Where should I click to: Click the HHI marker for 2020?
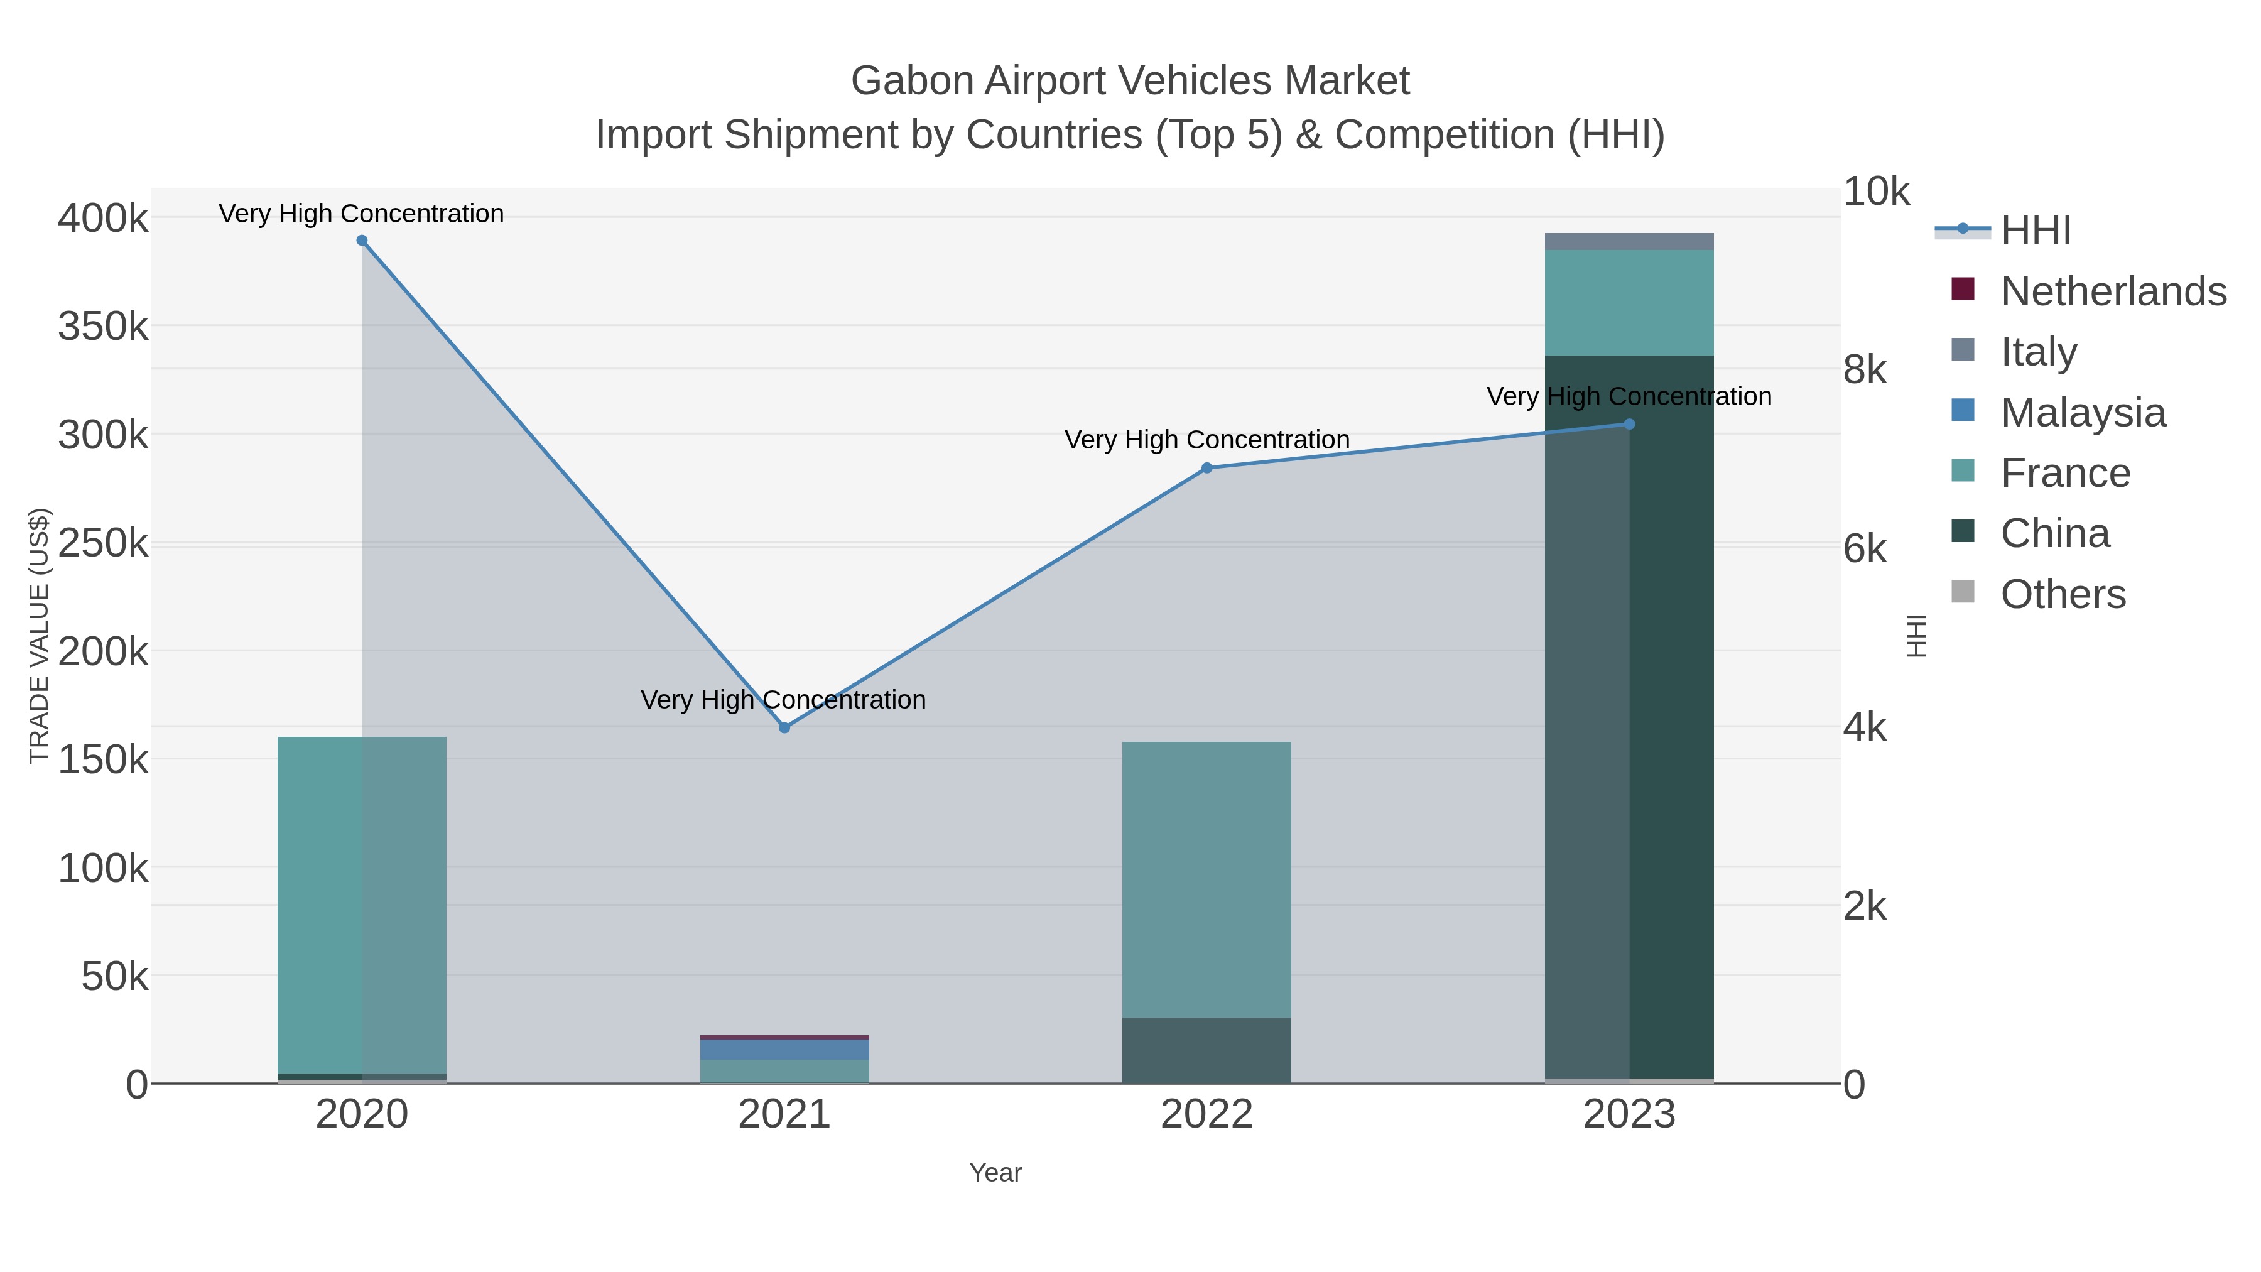[x=362, y=241]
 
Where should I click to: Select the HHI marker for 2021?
[x=784, y=728]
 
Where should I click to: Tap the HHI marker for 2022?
[x=1207, y=468]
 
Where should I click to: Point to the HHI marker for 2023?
[x=1630, y=424]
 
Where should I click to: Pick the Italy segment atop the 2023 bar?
[x=1629, y=241]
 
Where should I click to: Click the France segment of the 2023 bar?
[x=1629, y=303]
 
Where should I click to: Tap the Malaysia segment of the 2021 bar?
[x=784, y=1049]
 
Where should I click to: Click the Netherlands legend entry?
[x=2113, y=291]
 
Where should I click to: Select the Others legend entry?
[x=2062, y=594]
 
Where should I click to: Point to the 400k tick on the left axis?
[x=103, y=218]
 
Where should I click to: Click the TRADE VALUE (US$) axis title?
[x=40, y=636]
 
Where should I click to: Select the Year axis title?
[x=995, y=1173]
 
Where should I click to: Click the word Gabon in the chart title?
[x=913, y=81]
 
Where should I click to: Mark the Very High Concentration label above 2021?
[x=783, y=700]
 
